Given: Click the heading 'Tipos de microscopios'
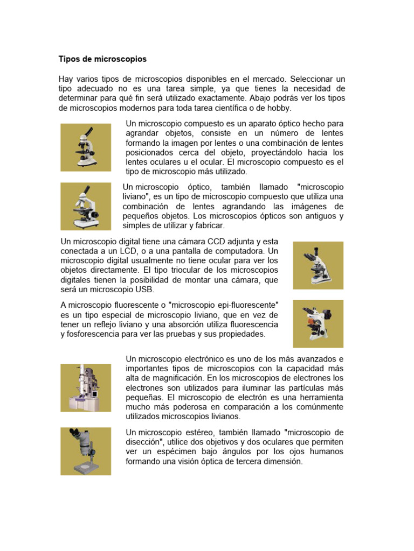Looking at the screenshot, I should tap(102, 58).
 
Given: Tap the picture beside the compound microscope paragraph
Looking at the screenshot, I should tap(86, 146).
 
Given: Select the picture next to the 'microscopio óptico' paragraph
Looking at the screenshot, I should tap(86, 206).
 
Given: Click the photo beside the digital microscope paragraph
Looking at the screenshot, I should tap(318, 265).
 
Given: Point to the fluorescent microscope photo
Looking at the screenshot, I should tap(318, 323).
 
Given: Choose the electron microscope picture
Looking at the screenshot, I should tap(86, 387).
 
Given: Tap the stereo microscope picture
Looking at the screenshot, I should tap(86, 451).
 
